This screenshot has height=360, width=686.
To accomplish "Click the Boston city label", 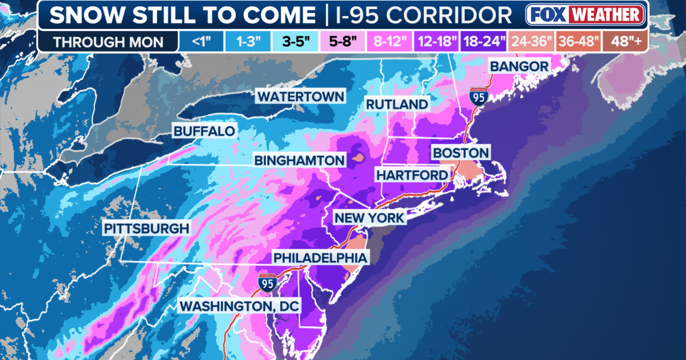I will (461, 153).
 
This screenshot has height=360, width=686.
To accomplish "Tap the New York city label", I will (369, 218).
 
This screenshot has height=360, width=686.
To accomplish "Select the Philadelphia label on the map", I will (320, 258).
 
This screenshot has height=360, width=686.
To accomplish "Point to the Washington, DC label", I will (239, 306).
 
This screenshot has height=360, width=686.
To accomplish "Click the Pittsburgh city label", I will (146, 229).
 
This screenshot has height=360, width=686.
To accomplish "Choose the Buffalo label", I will (204, 131).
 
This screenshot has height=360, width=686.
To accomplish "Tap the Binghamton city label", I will (300, 160).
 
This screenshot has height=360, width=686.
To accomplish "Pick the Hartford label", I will (411, 174).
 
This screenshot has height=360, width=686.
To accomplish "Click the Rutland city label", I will (397, 104).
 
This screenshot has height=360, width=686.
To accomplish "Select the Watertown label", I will (301, 96).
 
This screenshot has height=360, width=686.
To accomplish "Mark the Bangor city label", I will (519, 66).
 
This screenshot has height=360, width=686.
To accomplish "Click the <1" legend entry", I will (197, 42).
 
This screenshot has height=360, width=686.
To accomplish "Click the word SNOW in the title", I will (82, 15).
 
